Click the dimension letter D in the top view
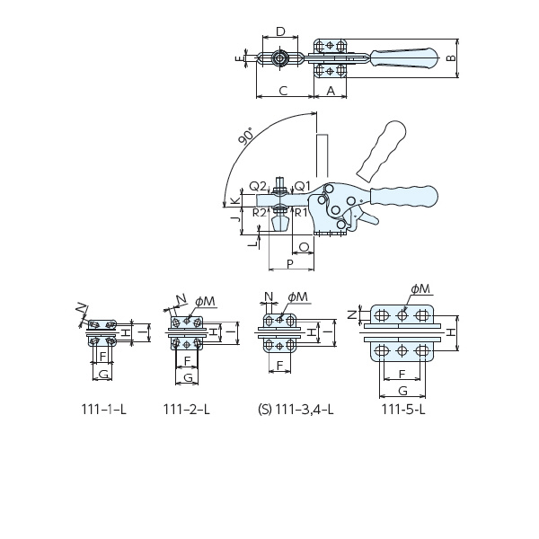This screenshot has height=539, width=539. (281, 31)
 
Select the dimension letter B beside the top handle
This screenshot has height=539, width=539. (451, 58)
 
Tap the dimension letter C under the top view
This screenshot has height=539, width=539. (283, 91)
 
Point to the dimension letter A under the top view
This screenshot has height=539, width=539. (331, 91)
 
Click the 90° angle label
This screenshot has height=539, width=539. (247, 137)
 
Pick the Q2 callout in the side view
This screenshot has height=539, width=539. (258, 186)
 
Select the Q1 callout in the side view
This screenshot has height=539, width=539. (302, 186)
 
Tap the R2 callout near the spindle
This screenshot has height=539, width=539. (260, 213)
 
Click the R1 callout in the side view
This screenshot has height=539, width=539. (301, 213)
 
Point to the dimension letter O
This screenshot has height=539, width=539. (305, 247)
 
